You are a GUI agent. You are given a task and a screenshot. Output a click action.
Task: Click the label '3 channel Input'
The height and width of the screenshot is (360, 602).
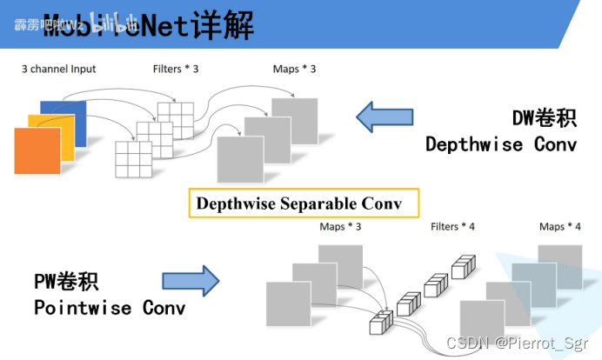59,69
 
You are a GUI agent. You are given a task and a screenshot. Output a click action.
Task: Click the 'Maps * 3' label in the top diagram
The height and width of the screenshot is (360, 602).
294,69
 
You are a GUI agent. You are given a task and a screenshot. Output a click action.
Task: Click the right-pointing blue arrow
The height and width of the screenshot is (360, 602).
191,280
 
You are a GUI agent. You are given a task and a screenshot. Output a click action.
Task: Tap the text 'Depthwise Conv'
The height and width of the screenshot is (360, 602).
500,144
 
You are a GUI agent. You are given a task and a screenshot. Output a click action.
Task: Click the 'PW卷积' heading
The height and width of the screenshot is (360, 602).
66,281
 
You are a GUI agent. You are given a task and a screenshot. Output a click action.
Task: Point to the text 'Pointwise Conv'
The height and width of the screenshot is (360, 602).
110,308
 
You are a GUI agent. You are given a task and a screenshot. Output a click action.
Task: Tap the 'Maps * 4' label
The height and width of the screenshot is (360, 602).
560,227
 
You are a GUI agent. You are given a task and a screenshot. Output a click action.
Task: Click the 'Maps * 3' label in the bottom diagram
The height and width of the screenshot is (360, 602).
341,227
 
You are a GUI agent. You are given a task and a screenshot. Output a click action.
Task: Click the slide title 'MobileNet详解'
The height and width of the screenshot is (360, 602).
148,26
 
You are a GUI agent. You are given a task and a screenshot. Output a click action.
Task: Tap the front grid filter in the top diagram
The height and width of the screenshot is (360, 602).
134,158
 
